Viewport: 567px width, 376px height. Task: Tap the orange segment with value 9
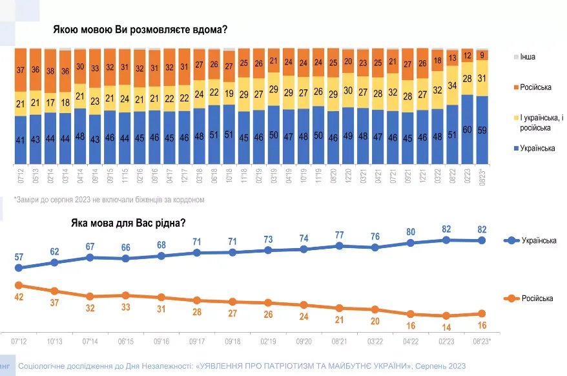(x=482, y=55)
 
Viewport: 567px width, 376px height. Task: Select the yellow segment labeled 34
(x=452, y=85)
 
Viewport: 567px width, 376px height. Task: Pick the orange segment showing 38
(x=50, y=71)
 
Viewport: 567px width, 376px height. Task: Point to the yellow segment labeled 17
(x=50, y=103)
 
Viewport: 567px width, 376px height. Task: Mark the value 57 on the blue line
(x=19, y=256)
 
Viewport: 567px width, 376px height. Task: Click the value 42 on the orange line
(x=19, y=297)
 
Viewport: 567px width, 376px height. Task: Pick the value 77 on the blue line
(x=339, y=234)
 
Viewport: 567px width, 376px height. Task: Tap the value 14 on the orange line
(x=445, y=328)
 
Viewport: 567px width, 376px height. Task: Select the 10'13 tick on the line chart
(x=54, y=340)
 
